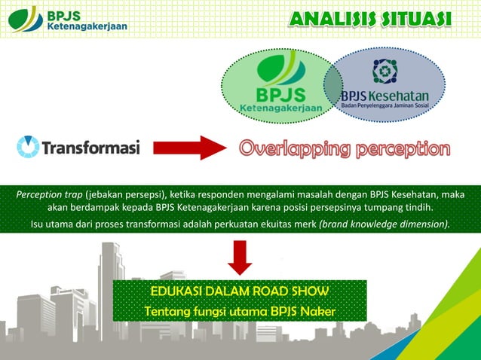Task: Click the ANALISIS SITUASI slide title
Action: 369,19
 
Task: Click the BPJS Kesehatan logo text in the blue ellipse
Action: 384,96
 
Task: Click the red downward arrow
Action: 240,257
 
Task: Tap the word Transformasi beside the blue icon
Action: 91,148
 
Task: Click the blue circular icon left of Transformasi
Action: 28,147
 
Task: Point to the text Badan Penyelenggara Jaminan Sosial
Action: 384,106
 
